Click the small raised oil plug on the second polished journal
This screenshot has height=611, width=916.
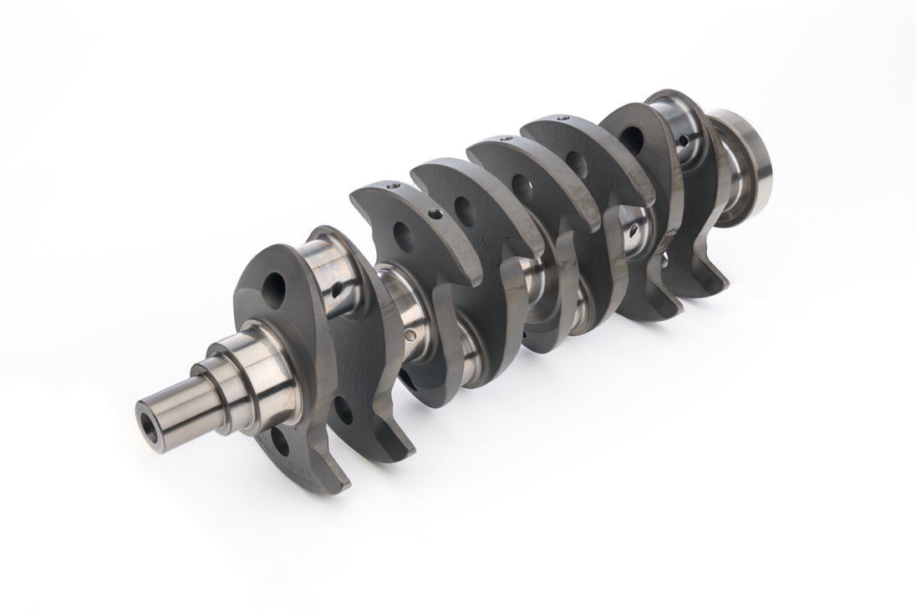point(410,336)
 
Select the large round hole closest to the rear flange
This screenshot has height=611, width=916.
point(633,140)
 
